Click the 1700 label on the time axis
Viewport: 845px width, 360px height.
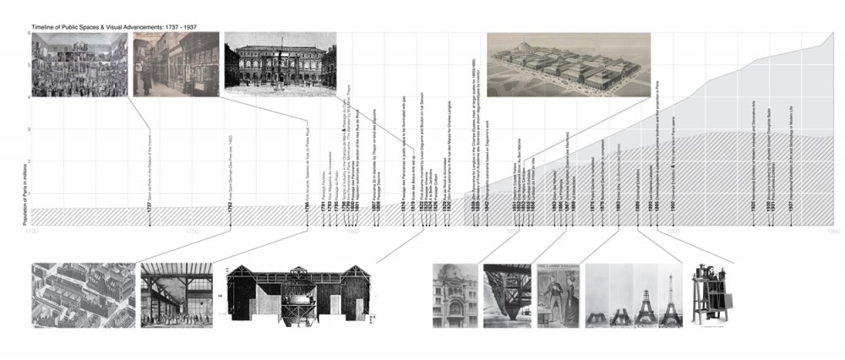click(32, 231)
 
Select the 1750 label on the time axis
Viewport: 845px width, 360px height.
click(192, 231)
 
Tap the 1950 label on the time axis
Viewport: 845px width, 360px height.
click(831, 231)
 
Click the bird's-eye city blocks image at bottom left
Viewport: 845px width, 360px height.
click(82, 296)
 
